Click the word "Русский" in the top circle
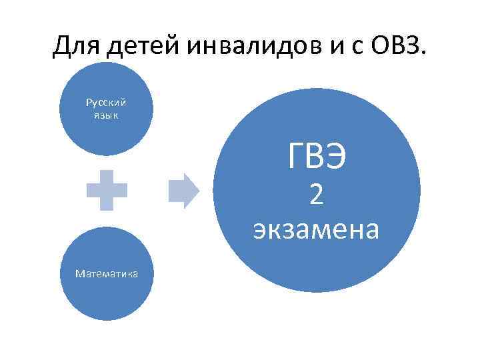106,103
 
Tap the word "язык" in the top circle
106,115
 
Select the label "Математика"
107,273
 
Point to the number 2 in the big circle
317,195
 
